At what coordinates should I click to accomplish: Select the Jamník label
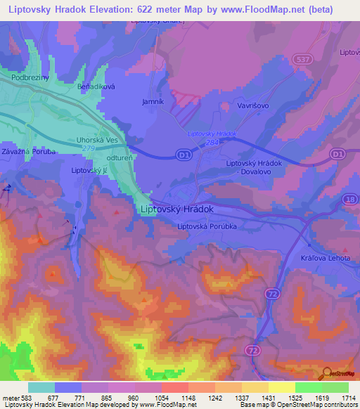[153, 102]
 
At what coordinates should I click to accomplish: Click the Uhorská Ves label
[97, 141]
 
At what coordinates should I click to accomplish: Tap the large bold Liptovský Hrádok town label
[177, 209]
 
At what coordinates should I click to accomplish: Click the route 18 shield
[350, 201]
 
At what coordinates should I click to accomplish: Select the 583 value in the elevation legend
[27, 398]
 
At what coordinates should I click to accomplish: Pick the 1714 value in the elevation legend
[348, 398]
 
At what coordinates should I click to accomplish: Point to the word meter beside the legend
[10, 398]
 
